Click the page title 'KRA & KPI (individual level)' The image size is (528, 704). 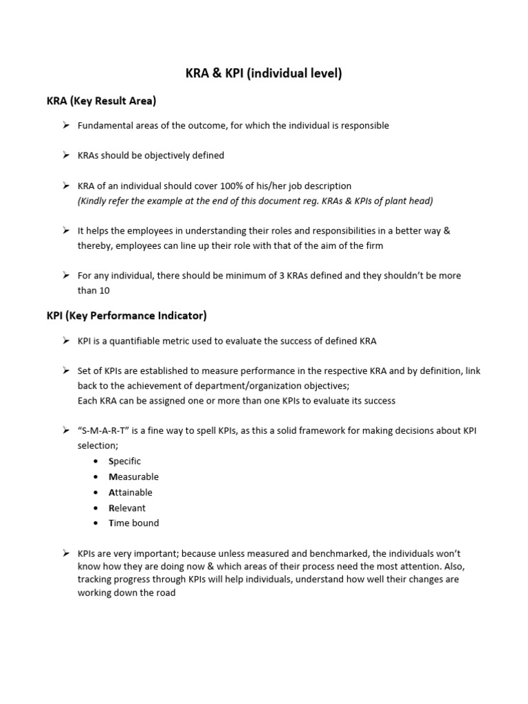pyautogui.click(x=263, y=74)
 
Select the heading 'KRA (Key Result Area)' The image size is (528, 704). pyautogui.click(x=101, y=101)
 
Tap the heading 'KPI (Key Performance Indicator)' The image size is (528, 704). pyautogui.click(x=126, y=316)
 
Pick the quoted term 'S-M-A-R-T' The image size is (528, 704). pyautogui.click(x=104, y=431)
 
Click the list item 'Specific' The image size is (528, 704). pyautogui.click(x=124, y=461)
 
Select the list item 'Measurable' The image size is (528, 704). pyautogui.click(x=133, y=477)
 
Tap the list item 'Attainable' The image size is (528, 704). pyautogui.click(x=131, y=492)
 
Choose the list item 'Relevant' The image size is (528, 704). pyautogui.click(x=127, y=508)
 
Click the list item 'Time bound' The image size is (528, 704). pyautogui.click(x=133, y=523)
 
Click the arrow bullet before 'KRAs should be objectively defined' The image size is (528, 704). pyautogui.click(x=65, y=155)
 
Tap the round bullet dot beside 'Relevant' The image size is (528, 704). pyautogui.click(x=96, y=508)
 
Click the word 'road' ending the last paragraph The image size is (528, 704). pyautogui.click(x=165, y=593)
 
